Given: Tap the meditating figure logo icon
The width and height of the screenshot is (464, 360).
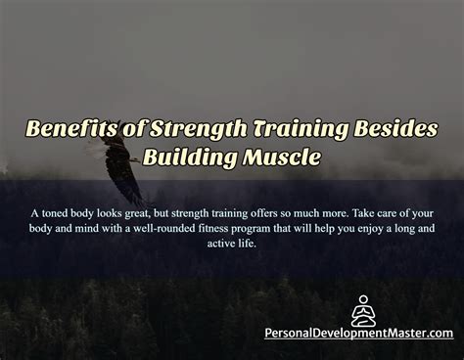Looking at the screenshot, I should coord(362,310).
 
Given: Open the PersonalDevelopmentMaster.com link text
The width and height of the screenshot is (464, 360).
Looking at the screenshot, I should coord(359,333).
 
